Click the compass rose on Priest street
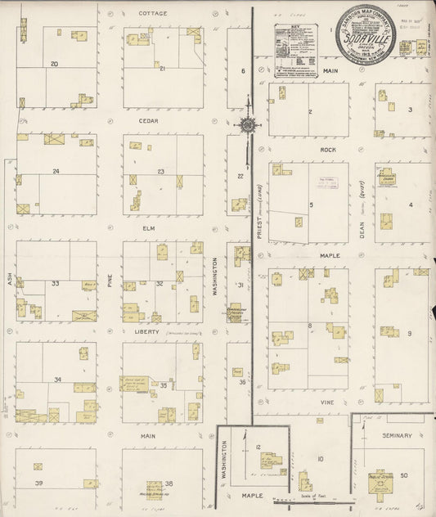246,125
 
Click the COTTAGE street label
152,14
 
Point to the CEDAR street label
149,120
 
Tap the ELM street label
149,227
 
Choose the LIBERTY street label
146,332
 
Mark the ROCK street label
328,150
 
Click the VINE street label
327,402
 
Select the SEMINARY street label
397,435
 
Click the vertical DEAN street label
360,214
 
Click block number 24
56,171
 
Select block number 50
404,475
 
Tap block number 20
54,64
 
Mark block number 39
38,483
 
